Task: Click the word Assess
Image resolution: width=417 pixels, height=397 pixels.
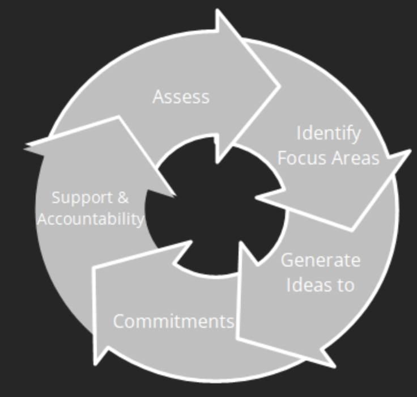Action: click(181, 96)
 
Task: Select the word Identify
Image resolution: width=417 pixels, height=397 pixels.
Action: click(329, 133)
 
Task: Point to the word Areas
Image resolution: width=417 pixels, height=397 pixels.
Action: click(355, 158)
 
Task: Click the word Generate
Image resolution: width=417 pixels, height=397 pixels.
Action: click(320, 260)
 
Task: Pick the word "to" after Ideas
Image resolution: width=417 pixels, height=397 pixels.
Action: click(346, 285)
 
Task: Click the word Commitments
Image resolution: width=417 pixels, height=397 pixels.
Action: click(173, 321)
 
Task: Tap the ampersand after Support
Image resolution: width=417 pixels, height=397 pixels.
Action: click(123, 198)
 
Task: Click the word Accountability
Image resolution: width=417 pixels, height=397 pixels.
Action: click(91, 219)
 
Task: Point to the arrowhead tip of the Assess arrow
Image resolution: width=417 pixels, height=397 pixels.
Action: click(280, 86)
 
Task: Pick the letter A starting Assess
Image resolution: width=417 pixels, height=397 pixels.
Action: click(158, 96)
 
